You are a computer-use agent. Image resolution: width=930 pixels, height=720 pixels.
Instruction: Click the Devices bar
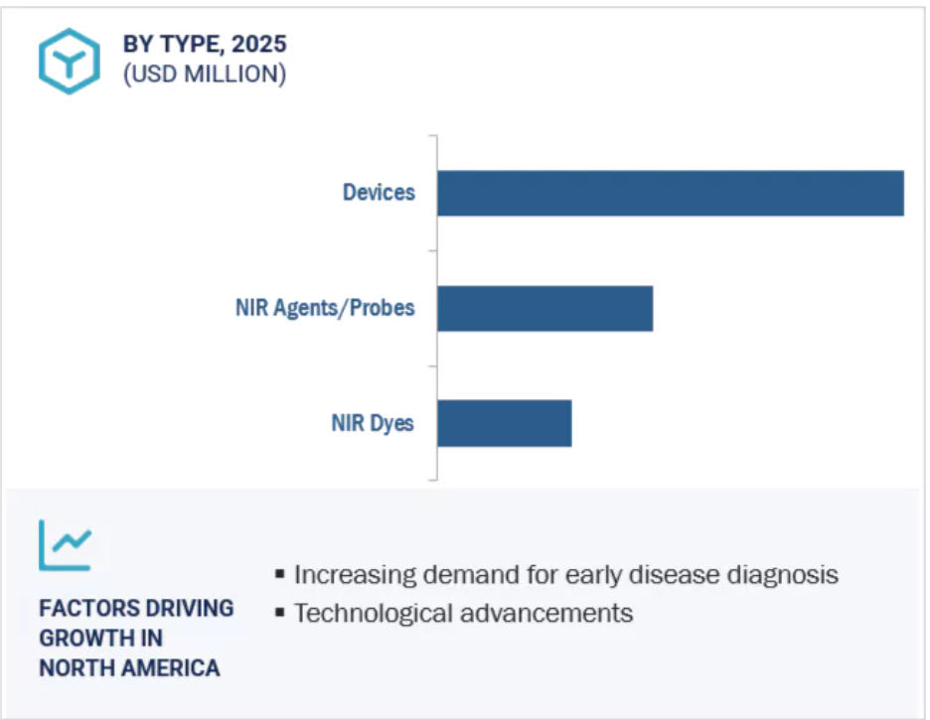[671, 194]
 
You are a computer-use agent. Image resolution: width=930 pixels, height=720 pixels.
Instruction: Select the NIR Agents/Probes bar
[545, 309]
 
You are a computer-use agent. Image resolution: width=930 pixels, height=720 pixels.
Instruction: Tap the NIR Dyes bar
[505, 423]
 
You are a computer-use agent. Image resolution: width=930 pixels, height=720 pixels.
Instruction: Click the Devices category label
[379, 193]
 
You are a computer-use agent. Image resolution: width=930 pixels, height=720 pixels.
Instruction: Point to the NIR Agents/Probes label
[325, 308]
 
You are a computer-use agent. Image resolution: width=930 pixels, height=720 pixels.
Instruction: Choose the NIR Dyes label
[373, 424]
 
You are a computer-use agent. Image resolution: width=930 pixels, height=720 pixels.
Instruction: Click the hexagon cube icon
[70, 61]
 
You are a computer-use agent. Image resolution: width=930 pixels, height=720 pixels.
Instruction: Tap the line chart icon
[66, 545]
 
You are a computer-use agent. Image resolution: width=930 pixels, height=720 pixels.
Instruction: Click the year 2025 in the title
[259, 44]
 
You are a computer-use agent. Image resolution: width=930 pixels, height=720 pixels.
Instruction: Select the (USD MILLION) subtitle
[205, 74]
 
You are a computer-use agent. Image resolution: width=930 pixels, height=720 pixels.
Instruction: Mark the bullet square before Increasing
[280, 574]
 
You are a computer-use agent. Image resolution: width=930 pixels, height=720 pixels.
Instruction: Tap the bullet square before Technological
[280, 612]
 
